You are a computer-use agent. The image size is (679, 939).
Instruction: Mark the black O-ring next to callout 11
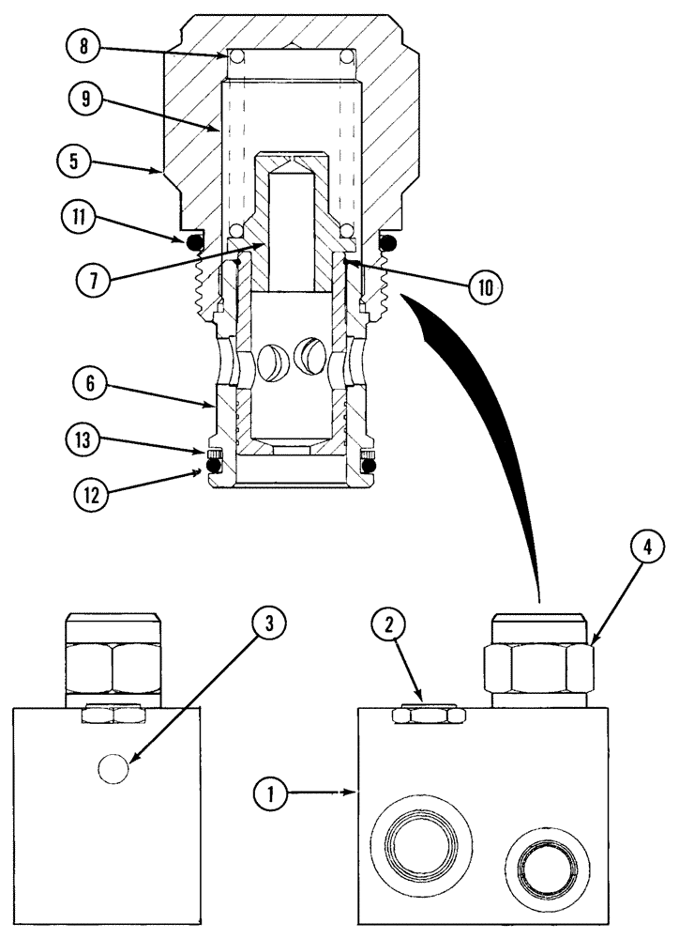pos(195,243)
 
